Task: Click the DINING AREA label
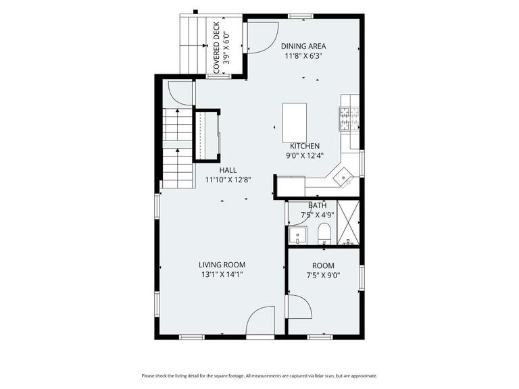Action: pyautogui.click(x=303, y=46)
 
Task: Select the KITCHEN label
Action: pyautogui.click(x=305, y=146)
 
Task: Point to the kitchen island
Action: pyautogui.click(x=294, y=120)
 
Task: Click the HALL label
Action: pyautogui.click(x=228, y=170)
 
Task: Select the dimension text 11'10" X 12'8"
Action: pyautogui.click(x=228, y=180)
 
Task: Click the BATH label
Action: pyautogui.click(x=318, y=205)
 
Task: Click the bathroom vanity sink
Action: pyautogui.click(x=297, y=236)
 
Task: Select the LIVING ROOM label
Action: pyautogui.click(x=222, y=265)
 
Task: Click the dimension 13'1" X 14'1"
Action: pyautogui.click(x=222, y=275)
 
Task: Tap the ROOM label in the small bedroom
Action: pyautogui.click(x=323, y=265)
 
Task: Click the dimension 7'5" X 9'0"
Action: pyautogui.click(x=323, y=276)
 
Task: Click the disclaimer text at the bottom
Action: pyautogui.click(x=259, y=376)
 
